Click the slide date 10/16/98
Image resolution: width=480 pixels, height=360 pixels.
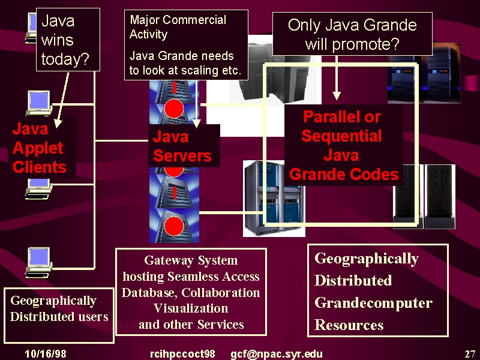point(46,353)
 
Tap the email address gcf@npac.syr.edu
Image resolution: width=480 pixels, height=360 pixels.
point(277,354)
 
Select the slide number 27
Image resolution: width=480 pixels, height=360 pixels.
point(470,354)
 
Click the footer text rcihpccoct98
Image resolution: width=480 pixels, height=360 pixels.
point(182,354)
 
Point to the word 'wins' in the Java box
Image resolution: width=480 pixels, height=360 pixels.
point(57,40)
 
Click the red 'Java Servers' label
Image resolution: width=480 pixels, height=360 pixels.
point(182,146)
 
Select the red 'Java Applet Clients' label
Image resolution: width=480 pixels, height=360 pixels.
point(39,148)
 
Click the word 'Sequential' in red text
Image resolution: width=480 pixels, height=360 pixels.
point(341,136)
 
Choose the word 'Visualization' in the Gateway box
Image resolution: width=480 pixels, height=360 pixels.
point(191,308)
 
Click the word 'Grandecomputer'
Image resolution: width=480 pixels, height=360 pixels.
point(373,303)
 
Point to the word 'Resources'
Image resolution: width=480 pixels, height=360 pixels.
point(349,325)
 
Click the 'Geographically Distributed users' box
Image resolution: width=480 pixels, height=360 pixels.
point(59,316)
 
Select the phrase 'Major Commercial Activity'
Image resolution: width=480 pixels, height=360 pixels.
point(178,27)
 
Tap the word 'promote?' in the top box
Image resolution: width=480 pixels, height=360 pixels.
point(366,44)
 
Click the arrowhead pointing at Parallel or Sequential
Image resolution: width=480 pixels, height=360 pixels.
point(337,95)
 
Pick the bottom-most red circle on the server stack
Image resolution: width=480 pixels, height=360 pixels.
point(174,227)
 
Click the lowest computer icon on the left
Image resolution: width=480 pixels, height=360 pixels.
point(38,263)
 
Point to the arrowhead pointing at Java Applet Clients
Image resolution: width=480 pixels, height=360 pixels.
point(58,124)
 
